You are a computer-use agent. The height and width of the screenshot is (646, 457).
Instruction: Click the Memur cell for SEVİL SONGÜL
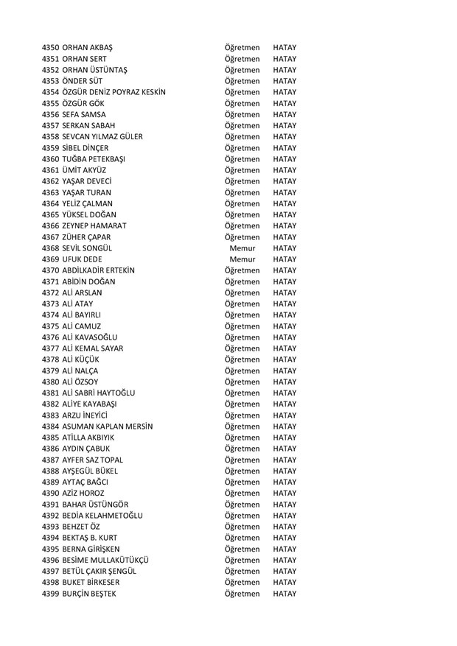[242, 248]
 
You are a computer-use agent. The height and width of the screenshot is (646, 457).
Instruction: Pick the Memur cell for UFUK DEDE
[242, 259]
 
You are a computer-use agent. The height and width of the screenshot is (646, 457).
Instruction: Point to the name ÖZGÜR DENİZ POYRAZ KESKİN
[114, 92]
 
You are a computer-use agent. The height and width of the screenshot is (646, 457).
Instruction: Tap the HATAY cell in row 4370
[284, 270]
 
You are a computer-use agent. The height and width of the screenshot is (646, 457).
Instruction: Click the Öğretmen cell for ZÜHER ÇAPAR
[242, 237]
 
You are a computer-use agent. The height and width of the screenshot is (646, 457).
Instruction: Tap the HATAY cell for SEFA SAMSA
[284, 114]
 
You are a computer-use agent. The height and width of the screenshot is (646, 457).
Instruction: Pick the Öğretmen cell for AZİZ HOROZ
[242, 493]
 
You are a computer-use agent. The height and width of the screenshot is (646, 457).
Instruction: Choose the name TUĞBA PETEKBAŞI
[97, 159]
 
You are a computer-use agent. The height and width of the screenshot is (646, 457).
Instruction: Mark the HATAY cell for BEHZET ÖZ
[284, 526]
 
